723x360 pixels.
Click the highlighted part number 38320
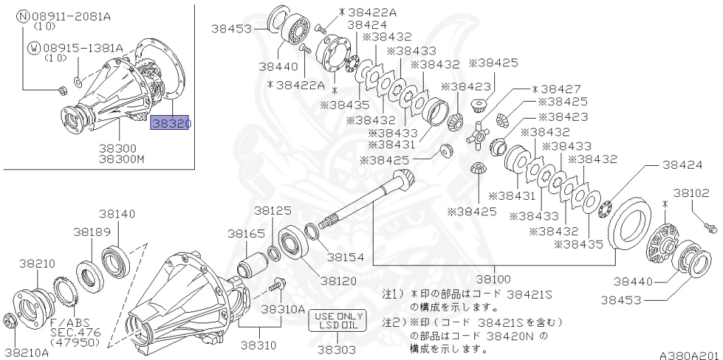169,122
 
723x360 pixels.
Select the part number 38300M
121,160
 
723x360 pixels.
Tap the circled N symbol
23,17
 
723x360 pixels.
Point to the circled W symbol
34,48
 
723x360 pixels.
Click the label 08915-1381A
83,48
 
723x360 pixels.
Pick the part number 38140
117,214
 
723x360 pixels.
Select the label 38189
91,232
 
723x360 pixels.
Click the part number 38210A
27,354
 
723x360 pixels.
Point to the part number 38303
339,350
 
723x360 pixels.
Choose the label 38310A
283,309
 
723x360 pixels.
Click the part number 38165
246,234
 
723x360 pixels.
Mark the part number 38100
494,279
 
